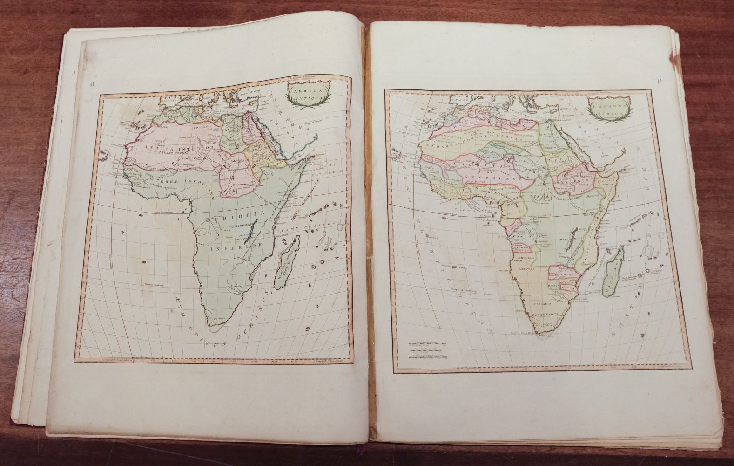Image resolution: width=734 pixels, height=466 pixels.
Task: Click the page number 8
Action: [92, 84]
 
